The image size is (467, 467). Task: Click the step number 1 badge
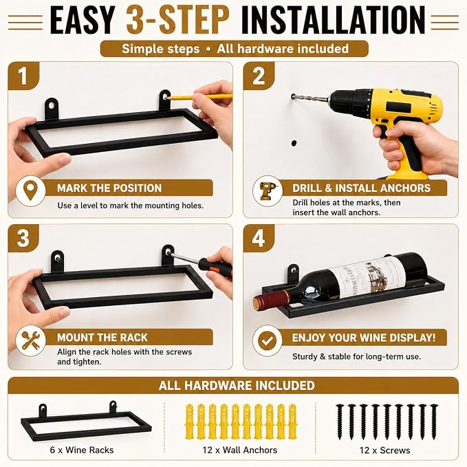(23, 76)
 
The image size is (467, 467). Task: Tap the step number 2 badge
(259, 76)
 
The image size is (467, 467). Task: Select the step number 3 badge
(23, 238)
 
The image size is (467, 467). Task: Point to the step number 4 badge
(259, 238)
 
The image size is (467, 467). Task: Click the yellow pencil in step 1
(199, 97)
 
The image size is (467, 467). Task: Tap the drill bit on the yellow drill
(310, 98)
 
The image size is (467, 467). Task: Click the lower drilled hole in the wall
(294, 143)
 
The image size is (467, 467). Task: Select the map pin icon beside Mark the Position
(30, 191)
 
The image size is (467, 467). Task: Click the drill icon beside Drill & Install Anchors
(267, 191)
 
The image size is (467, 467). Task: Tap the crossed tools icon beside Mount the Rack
(30, 340)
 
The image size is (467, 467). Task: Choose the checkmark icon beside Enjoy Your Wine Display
(267, 340)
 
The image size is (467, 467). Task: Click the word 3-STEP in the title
(178, 20)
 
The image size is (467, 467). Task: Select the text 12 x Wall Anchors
(240, 450)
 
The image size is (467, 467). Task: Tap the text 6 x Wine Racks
(82, 450)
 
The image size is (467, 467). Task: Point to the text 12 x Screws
(384, 450)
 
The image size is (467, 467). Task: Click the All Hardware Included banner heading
(237, 385)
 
